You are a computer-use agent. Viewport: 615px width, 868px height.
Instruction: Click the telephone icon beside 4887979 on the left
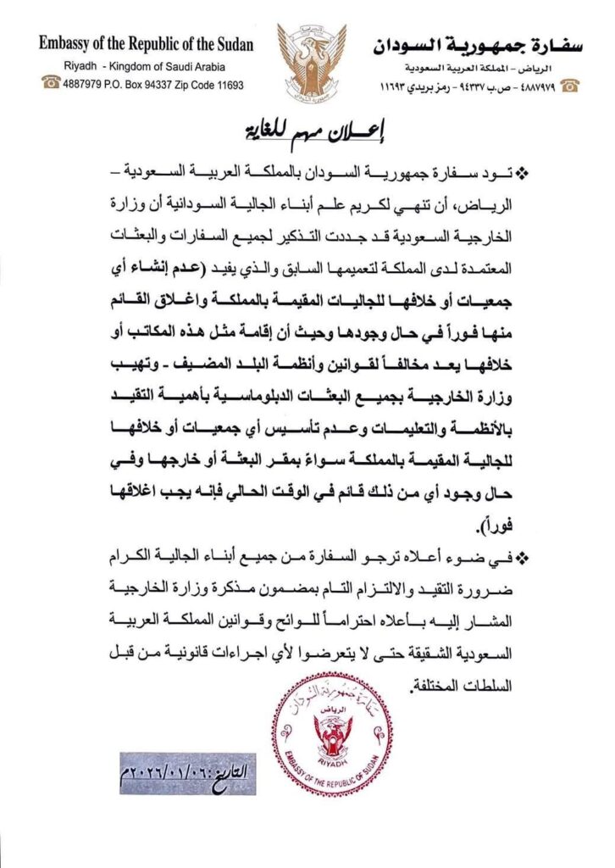50,84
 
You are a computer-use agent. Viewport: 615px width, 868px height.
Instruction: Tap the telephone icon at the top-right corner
570,85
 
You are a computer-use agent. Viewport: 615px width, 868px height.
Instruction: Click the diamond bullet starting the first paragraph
521,173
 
